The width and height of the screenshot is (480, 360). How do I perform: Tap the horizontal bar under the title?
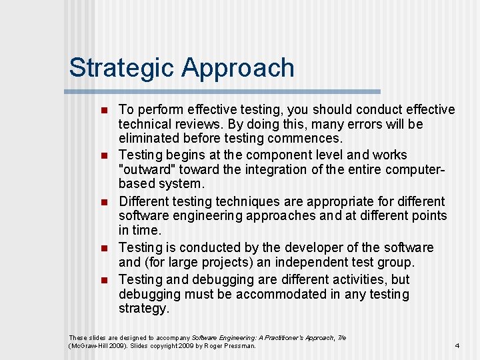(223, 91)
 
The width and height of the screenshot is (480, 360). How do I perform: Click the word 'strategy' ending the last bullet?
(143, 309)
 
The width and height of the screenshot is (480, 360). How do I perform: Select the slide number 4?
(457, 345)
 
